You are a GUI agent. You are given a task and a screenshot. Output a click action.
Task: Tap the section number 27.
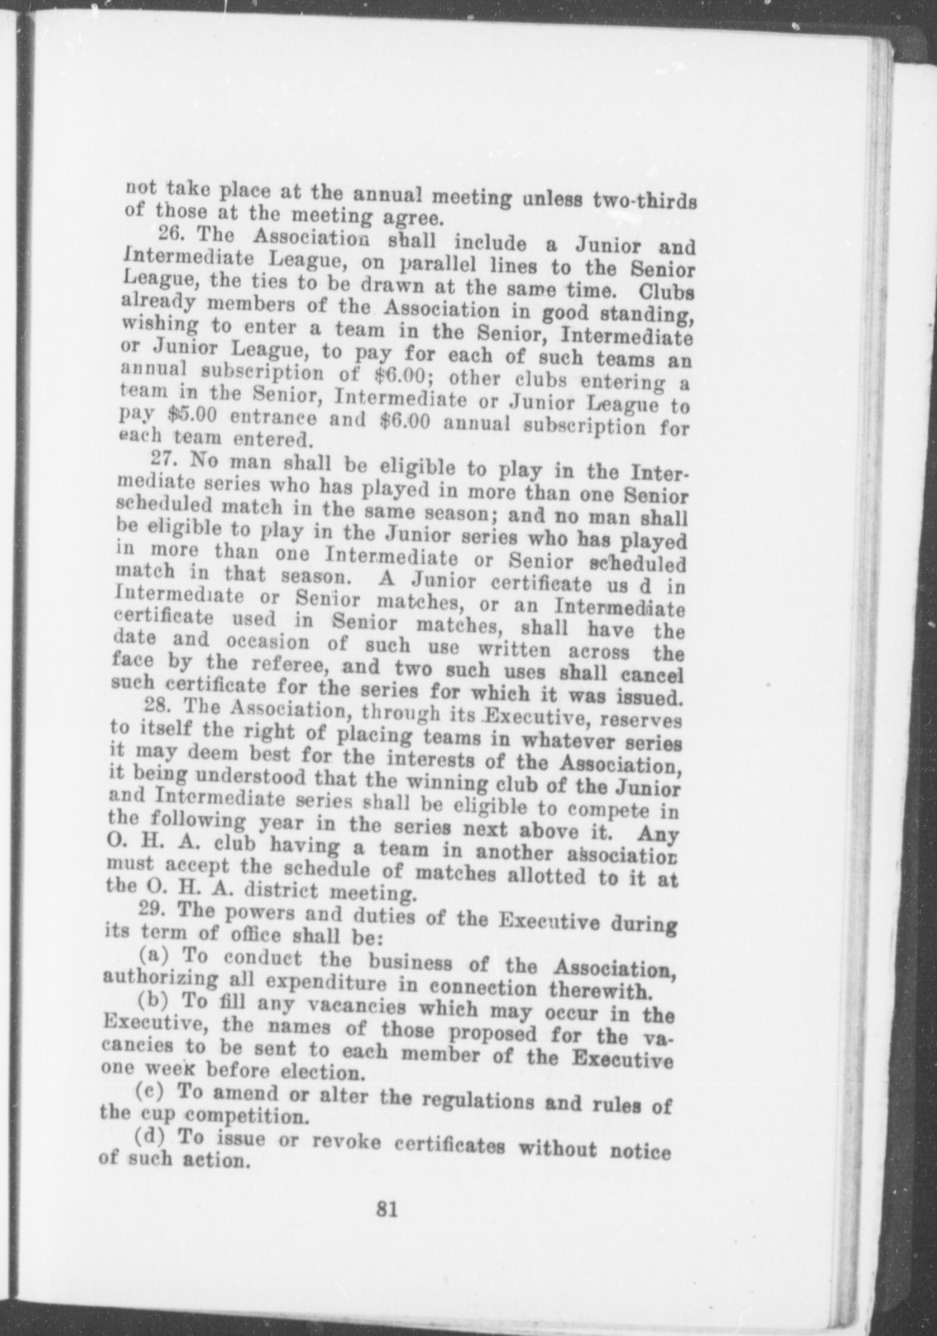[x=164, y=459]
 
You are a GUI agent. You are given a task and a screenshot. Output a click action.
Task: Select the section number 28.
[x=158, y=706]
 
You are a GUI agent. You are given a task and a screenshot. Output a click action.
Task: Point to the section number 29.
[x=152, y=908]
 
